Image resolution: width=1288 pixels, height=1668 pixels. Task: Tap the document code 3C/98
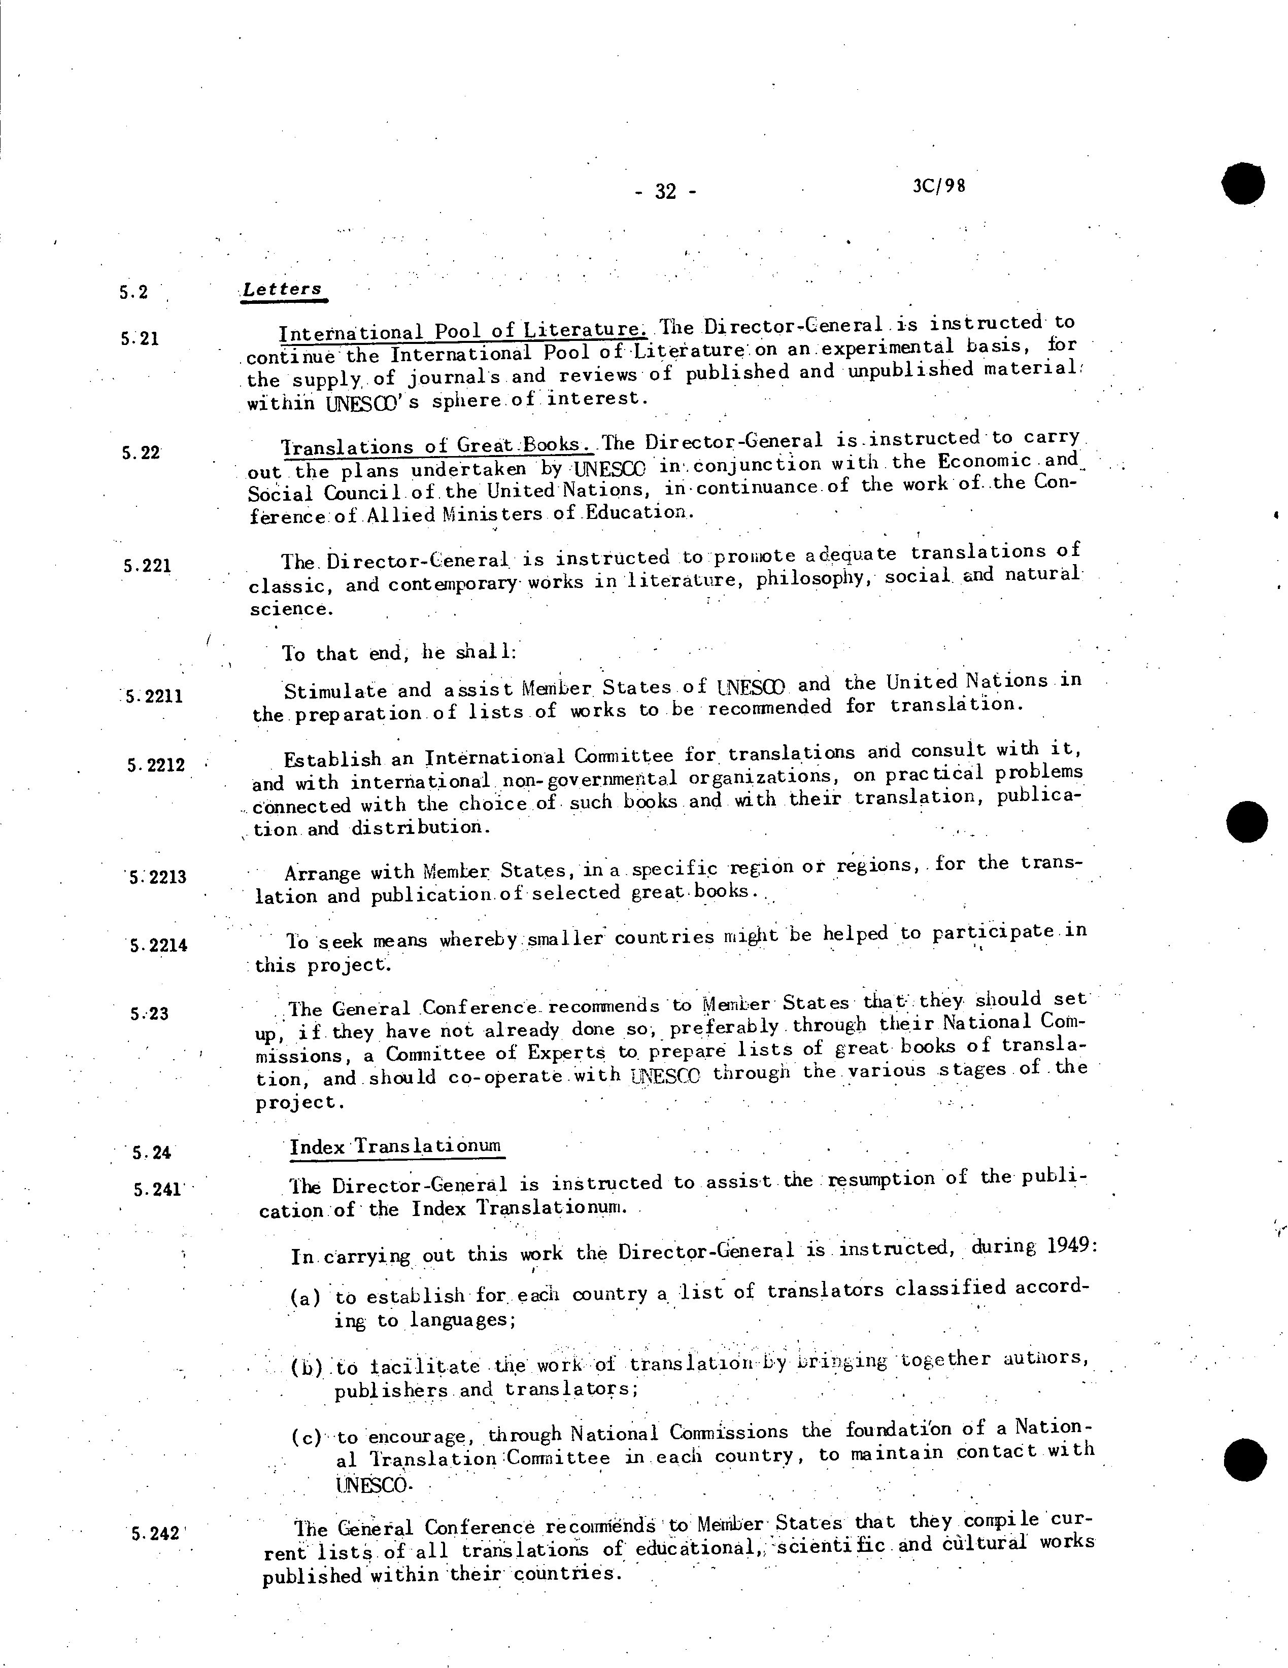(938, 186)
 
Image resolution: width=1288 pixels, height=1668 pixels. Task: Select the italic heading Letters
(282, 290)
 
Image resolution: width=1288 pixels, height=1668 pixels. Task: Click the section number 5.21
(139, 337)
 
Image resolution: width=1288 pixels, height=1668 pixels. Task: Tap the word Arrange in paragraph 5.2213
(327, 872)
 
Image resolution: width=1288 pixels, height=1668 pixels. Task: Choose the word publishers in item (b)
(390, 1390)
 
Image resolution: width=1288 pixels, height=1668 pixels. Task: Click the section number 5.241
(157, 1189)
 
